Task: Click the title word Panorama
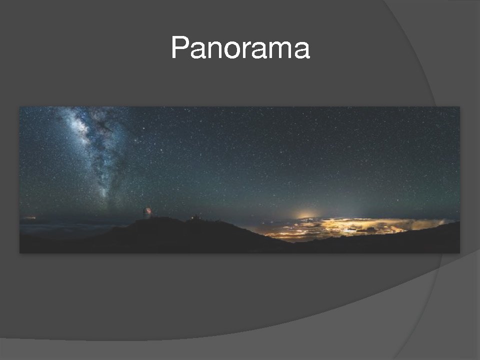coord(240,47)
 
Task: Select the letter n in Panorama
coord(215,49)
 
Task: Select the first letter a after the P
coord(198,50)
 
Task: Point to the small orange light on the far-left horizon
coord(29,218)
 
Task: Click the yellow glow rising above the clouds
coord(306,214)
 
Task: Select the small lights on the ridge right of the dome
coord(195,217)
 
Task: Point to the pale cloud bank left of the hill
coord(70,228)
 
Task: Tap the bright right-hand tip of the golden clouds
coord(443,221)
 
